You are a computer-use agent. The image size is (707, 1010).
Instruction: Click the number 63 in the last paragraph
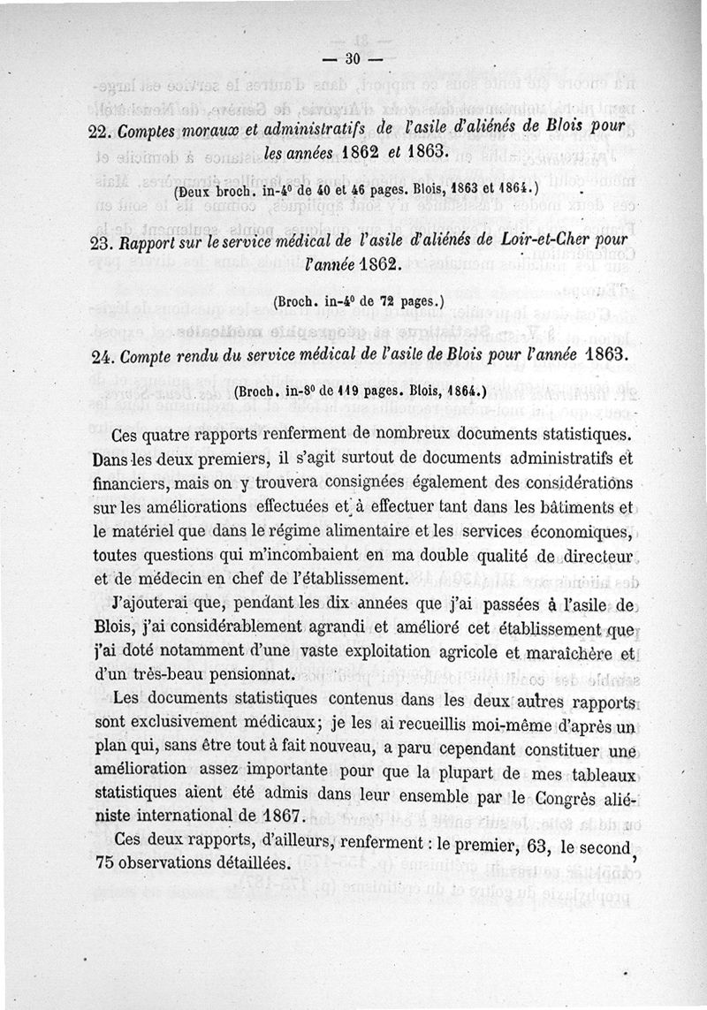coord(534,845)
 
